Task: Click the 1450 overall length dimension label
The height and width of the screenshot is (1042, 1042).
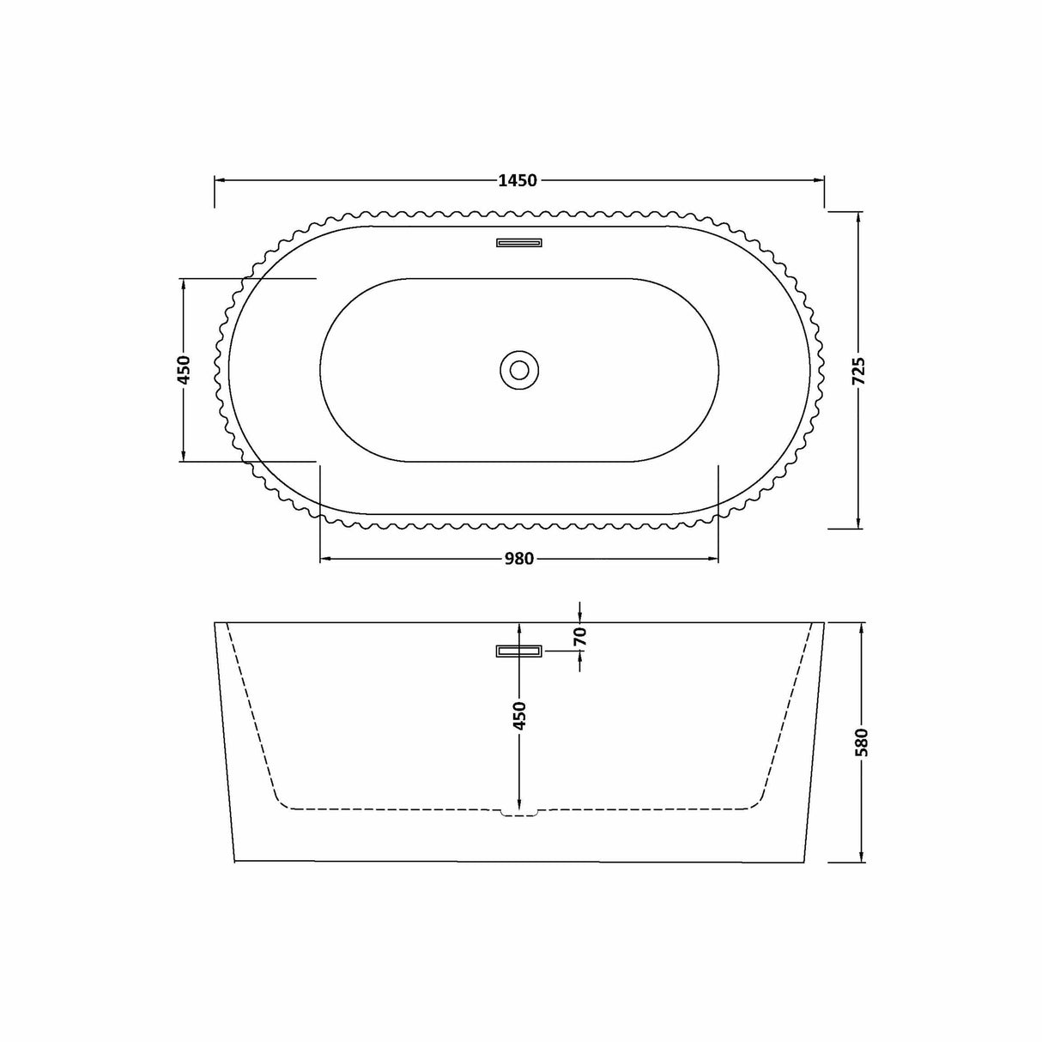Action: click(518, 181)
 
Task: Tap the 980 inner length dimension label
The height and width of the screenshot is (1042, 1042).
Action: click(518, 560)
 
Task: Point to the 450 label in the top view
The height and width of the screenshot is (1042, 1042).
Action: click(183, 369)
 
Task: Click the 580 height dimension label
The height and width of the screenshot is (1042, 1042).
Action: click(862, 742)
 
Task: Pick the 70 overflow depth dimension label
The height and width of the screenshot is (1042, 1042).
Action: click(580, 636)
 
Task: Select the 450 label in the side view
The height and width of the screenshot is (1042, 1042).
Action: click(519, 716)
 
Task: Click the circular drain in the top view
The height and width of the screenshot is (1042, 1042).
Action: click(518, 370)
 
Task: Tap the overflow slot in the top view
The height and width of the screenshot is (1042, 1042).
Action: click(518, 242)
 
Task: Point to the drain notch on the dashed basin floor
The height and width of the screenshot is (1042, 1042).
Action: click(518, 811)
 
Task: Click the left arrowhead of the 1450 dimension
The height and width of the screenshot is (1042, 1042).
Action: click(220, 181)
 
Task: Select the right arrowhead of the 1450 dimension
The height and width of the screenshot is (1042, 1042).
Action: click(819, 181)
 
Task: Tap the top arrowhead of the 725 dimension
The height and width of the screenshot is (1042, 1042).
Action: click(859, 216)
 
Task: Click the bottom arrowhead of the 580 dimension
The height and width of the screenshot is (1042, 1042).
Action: click(862, 856)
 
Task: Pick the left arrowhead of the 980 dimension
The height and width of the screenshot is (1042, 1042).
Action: click(325, 560)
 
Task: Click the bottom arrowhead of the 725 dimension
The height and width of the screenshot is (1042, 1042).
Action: click(859, 523)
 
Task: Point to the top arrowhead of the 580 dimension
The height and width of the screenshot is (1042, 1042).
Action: click(862, 628)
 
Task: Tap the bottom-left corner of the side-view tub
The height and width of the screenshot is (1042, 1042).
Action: click(234, 859)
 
